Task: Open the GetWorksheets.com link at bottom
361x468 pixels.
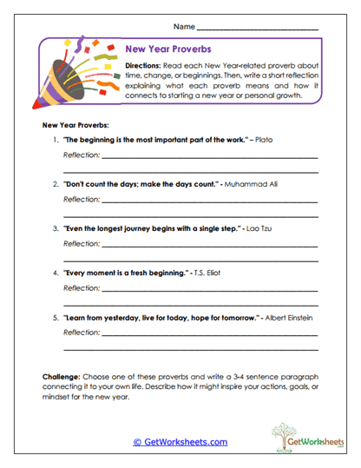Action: click(x=180, y=441)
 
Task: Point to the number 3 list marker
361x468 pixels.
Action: click(x=55, y=228)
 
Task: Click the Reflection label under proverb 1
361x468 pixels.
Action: click(x=81, y=156)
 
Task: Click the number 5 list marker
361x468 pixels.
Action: click(x=55, y=318)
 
